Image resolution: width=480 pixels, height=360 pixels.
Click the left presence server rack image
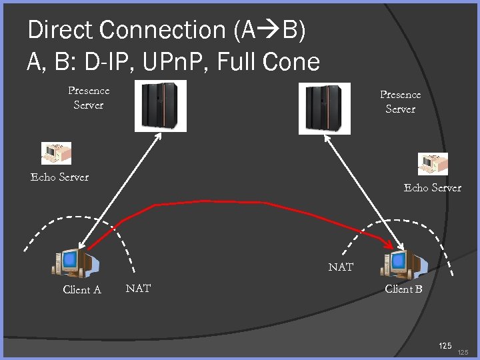tap(160, 106)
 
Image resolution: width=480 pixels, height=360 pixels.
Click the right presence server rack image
tap(325, 108)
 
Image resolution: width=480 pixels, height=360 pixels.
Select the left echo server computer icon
tap(56, 153)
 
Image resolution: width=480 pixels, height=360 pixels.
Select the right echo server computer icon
tap(433, 164)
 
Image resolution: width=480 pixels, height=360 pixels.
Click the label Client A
tap(82, 289)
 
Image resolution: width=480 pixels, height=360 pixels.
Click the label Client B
tap(403, 289)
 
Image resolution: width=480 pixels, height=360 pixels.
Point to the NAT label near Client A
tap(138, 288)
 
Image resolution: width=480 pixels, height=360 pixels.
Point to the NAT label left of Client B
tap(341, 267)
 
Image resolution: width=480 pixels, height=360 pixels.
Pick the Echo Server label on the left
tap(59, 177)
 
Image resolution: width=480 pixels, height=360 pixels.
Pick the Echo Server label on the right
tap(432, 188)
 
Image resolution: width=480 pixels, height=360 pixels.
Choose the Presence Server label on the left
tap(89, 97)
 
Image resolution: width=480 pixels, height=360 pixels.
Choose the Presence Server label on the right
tap(400, 102)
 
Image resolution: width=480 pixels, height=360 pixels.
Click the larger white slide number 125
tap(445, 345)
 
